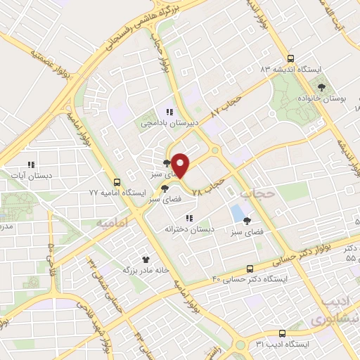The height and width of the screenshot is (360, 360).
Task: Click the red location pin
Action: [x=181, y=165]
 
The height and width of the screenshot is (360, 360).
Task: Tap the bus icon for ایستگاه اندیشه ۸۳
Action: [x=290, y=59]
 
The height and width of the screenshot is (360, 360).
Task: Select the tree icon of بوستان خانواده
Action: [x=322, y=87]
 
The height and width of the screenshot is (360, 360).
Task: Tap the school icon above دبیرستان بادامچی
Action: [x=169, y=111]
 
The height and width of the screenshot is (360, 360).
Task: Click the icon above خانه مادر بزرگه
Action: [x=146, y=259]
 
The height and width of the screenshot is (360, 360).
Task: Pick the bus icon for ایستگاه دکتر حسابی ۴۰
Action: [x=250, y=269]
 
